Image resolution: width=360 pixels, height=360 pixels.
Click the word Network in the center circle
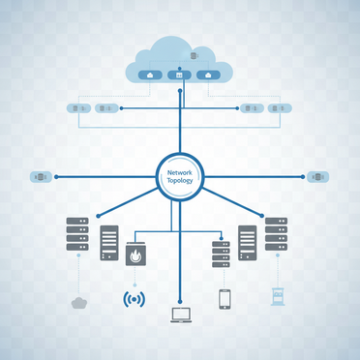(180, 171)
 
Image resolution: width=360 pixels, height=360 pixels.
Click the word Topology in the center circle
(180, 180)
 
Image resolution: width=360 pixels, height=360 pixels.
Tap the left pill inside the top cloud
(150, 75)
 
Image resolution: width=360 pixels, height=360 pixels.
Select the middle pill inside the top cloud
(180, 75)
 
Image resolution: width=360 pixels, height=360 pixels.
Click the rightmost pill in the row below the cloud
(280, 108)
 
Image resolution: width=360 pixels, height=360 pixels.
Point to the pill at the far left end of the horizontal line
(42, 177)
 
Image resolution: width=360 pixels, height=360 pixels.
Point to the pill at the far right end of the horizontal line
(318, 177)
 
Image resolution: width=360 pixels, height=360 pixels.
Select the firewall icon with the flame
(136, 255)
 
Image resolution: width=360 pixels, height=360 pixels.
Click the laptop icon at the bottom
(180, 313)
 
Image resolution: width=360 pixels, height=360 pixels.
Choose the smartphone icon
(225, 298)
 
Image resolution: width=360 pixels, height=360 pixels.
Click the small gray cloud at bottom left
(79, 303)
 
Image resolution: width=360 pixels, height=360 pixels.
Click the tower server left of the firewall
(109, 243)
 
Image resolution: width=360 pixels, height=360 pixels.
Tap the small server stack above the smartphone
(221, 255)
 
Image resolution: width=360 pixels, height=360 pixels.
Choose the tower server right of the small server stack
(248, 243)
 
